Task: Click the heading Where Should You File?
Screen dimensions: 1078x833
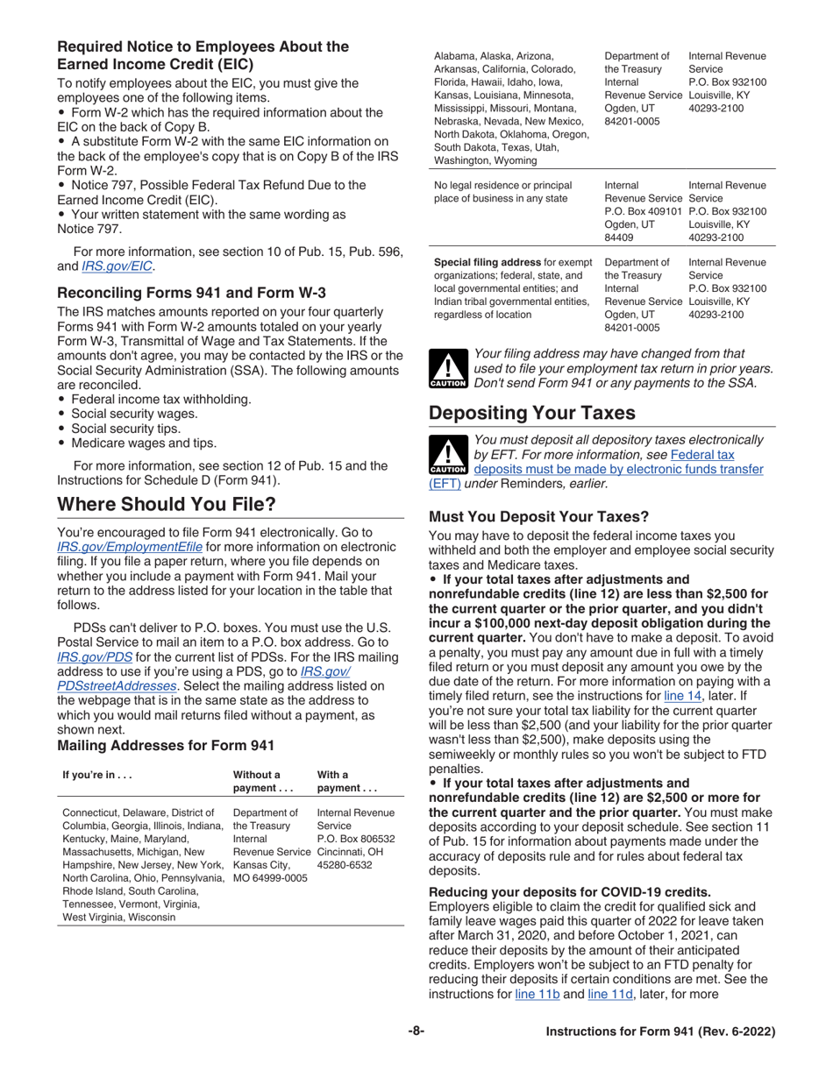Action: coord(167,504)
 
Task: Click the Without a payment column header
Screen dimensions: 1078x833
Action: coord(256,781)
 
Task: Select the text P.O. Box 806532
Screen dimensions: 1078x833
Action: coord(355,838)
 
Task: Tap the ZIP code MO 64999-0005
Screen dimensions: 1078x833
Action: coord(270,877)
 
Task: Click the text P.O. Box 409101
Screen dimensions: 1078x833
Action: coord(643,212)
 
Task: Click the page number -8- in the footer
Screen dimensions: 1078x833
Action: coord(416,1032)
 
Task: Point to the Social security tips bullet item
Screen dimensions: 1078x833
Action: coord(125,429)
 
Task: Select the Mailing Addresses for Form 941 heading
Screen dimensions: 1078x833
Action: coord(166,746)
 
